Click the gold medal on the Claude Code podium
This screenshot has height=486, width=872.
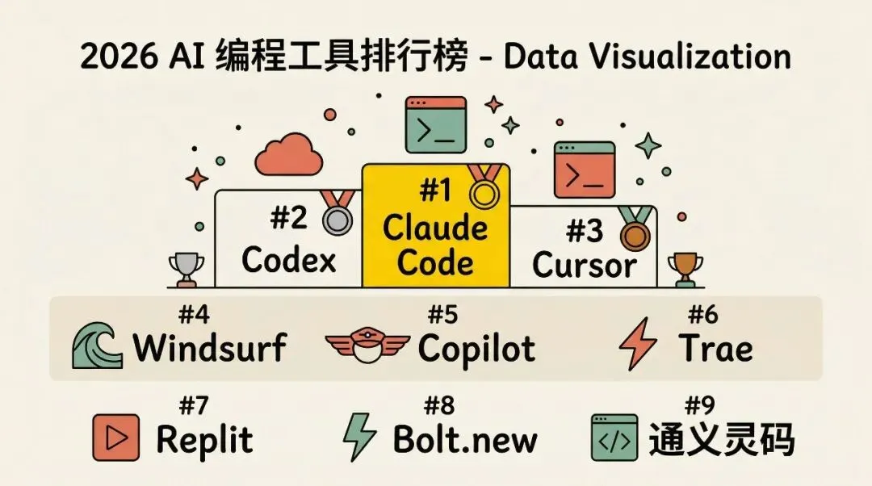tap(484, 193)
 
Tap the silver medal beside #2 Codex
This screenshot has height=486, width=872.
tap(336, 218)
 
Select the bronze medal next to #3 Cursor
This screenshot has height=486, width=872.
tap(634, 233)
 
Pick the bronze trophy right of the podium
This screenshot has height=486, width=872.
tap(686, 270)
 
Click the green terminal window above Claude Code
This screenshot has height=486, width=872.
tap(435, 125)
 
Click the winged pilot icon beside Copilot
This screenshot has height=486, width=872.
tap(367, 346)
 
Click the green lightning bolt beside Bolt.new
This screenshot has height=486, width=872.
tap(361, 438)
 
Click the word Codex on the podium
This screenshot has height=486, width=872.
tap(288, 260)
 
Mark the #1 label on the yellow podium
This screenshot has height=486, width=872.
tap(437, 192)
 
